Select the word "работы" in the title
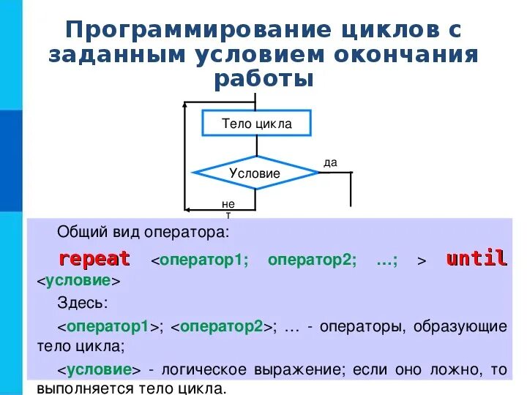tap(263, 78)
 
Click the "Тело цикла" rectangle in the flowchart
tap(256, 124)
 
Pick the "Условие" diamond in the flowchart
tap(255, 173)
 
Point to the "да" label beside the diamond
tap(330, 162)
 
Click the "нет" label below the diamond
tap(228, 208)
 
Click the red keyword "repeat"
tap(94, 259)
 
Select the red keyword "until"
tap(476, 259)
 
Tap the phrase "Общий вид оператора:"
tap(143, 233)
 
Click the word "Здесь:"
tap(82, 303)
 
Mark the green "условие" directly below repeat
tap(78, 281)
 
